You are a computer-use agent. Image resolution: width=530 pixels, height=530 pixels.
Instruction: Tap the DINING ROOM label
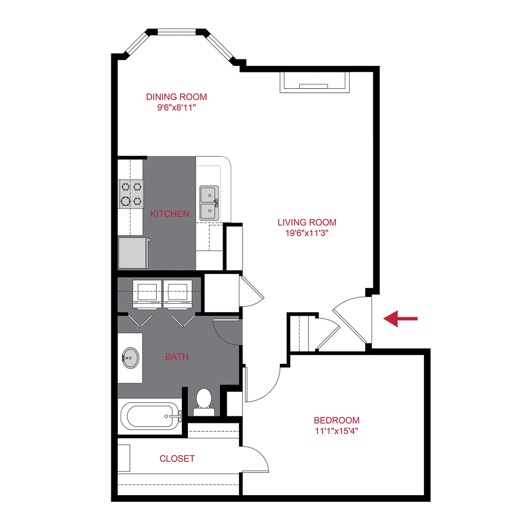click(x=177, y=97)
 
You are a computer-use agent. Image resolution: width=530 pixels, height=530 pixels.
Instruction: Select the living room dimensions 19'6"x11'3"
click(x=307, y=232)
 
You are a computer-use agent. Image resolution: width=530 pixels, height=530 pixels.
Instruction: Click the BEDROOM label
click(x=336, y=420)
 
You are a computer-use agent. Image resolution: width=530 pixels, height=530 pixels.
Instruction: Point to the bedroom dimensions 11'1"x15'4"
click(x=336, y=430)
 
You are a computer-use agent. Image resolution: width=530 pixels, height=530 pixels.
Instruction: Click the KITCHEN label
click(x=170, y=213)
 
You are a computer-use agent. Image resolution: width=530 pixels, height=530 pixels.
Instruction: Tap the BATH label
click(x=177, y=356)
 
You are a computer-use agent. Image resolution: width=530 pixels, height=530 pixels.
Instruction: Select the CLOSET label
click(x=177, y=458)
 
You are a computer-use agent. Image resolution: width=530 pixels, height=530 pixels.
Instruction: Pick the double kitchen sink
click(x=208, y=203)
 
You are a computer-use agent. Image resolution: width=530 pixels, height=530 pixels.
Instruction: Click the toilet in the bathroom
click(x=204, y=400)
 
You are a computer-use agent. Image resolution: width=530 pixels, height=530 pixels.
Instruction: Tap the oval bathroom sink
click(x=130, y=357)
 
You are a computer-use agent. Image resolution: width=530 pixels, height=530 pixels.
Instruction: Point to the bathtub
click(x=150, y=416)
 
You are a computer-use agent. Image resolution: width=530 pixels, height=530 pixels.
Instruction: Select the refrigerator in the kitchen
click(x=133, y=252)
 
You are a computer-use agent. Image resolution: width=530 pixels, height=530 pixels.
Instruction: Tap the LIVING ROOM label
click(x=307, y=222)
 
